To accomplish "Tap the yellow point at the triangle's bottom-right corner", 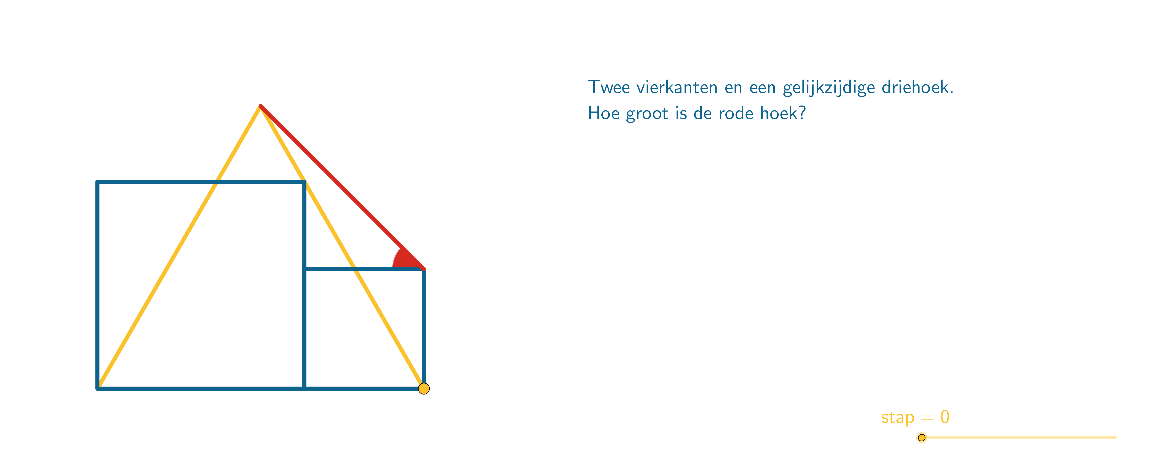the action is pyautogui.click(x=424, y=389).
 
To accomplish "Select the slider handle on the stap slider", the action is pyautogui.click(x=922, y=438).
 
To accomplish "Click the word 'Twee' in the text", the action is pyautogui.click(x=609, y=87).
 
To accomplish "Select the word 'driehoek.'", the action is pyautogui.click(x=917, y=87).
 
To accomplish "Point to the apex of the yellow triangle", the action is pyautogui.click(x=260, y=106).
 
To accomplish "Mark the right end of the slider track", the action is pyautogui.click(x=1115, y=438).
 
